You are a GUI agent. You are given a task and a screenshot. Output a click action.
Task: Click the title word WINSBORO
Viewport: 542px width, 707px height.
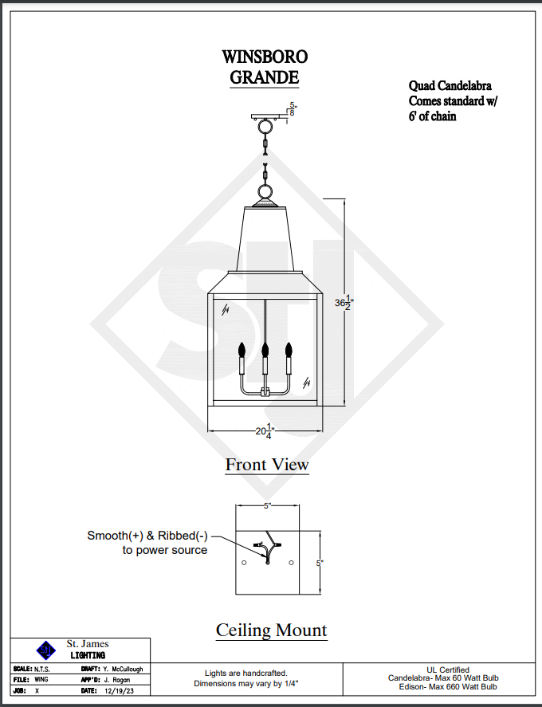[265, 57]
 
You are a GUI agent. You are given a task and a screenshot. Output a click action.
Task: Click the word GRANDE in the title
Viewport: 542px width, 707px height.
[265, 77]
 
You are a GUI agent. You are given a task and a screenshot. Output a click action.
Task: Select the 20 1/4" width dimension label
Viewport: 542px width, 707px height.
[265, 431]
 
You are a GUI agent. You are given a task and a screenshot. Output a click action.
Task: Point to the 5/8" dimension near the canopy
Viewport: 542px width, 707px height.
[293, 109]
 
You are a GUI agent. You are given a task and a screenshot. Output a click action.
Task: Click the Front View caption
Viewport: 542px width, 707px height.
[267, 464]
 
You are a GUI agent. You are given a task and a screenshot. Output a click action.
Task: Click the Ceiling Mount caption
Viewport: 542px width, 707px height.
[271, 630]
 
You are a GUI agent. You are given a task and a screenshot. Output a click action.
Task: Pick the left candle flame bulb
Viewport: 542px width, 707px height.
[242, 349]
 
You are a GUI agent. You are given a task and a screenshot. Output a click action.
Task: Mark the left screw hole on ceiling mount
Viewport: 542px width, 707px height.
[244, 564]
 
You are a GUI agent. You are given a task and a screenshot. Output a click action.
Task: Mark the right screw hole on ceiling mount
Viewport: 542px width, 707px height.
[291, 564]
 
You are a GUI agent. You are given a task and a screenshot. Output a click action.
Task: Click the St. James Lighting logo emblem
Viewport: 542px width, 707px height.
[47, 649]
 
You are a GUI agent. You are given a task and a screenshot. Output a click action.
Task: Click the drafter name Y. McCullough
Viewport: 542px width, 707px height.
[123, 670]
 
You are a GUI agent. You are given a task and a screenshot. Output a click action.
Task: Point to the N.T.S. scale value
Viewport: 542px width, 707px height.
[42, 670]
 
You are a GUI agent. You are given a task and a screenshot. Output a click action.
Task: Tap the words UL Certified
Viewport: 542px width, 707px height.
[447, 670]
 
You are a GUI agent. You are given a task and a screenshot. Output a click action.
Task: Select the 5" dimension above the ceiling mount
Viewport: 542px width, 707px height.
[268, 506]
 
